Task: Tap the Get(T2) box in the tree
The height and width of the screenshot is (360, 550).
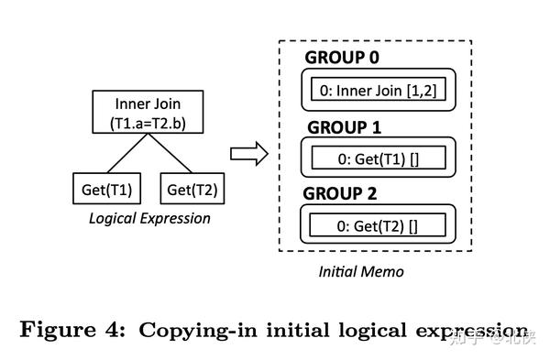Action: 192,191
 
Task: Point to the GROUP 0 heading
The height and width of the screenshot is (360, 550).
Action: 342,60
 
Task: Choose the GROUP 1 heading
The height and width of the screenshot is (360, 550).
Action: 342,127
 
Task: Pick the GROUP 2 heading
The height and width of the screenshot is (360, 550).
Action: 342,194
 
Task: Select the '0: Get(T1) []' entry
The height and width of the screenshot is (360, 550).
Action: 378,158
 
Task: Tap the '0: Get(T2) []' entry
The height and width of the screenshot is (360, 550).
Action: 378,225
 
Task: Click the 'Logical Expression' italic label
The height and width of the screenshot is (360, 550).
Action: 148,218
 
